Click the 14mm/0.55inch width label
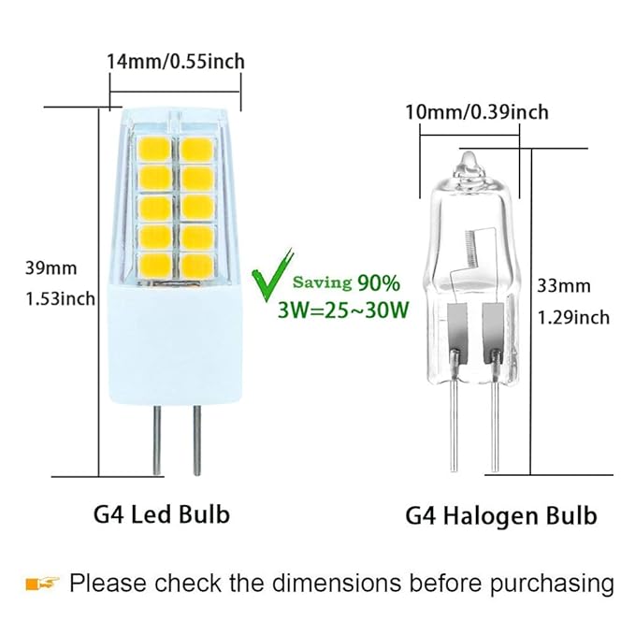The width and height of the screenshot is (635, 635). click(x=176, y=62)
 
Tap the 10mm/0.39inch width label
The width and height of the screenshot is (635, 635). click(x=476, y=113)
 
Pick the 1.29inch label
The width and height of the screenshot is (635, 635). click(x=572, y=317)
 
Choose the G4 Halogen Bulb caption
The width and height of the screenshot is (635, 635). click(x=501, y=515)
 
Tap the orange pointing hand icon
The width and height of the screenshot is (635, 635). click(x=42, y=584)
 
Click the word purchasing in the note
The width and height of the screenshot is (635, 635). click(x=556, y=584)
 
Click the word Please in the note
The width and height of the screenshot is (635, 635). click(x=108, y=584)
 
